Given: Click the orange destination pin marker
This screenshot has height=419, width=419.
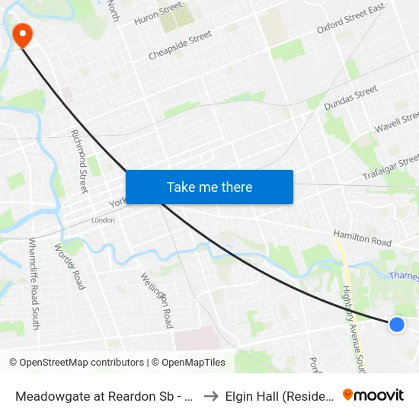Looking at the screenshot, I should click(22, 34).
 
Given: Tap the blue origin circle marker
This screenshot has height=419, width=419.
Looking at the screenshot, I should click(396, 325).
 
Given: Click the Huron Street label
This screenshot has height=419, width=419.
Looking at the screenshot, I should click(158, 13).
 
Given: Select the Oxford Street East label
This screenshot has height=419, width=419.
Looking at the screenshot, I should click(350, 19).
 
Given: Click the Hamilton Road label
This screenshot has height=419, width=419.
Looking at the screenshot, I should click(362, 238).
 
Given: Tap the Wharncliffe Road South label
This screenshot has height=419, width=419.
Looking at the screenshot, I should click(33, 283).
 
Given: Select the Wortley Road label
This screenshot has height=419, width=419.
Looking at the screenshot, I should click(69, 266).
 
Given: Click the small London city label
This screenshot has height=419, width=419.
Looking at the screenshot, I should click(103, 220).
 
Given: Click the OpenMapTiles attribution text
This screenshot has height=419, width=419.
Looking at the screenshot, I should click(191, 363).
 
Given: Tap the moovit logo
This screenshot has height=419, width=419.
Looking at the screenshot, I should click(373, 395).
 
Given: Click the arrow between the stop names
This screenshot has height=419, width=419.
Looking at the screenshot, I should click(211, 395).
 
